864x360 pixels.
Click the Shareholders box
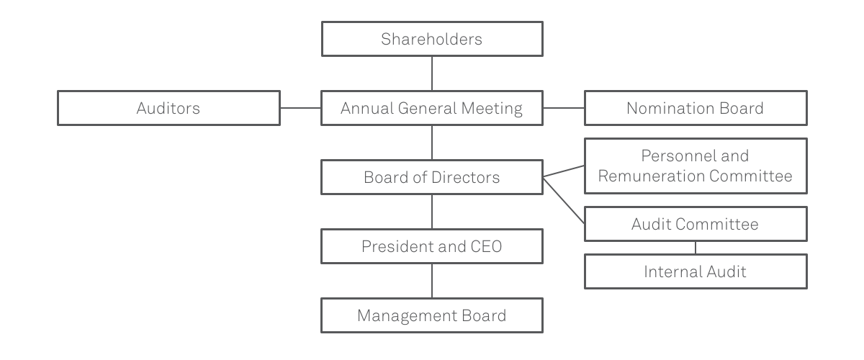[432, 39]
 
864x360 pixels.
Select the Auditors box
[168, 108]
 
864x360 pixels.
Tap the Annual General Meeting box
[432, 108]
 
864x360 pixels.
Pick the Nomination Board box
[696, 108]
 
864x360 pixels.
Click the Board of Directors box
[432, 177]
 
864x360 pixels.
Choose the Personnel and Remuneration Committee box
[696, 166]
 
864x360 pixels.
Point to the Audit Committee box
[696, 224]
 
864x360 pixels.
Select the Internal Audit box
[696, 271]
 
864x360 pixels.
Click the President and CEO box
[432, 246]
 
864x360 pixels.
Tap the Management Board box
[432, 315]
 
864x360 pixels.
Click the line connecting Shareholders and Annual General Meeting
[432, 73]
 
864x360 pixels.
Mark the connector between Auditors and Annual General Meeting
[300, 108]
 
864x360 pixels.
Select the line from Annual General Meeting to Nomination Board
[564, 108]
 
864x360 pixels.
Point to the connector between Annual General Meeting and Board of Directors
[432, 143]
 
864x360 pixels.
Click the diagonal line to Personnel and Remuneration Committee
[564, 171]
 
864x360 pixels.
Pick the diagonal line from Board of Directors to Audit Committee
[564, 200]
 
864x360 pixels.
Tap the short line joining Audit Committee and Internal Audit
[696, 248]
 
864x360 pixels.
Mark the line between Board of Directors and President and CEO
[432, 212]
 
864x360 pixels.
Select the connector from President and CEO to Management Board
[432, 281]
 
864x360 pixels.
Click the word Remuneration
[651, 176]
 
